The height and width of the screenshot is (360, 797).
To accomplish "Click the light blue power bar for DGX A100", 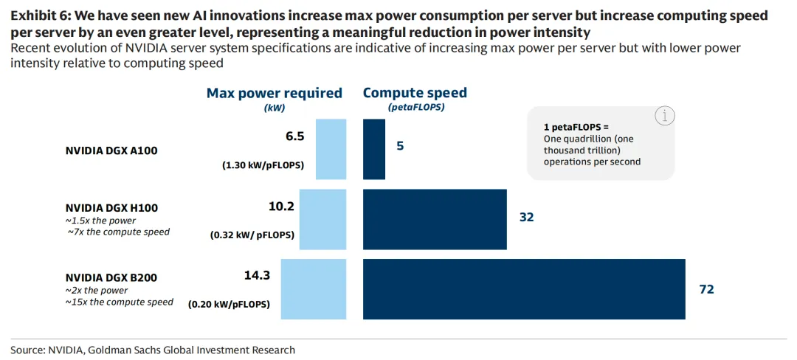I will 331,148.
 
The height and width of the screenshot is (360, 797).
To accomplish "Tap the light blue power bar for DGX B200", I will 314,289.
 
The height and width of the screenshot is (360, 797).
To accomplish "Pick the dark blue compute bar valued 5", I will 374,148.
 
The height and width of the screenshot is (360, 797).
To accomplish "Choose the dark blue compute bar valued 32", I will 435,219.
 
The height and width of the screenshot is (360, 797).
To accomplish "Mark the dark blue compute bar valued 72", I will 524,289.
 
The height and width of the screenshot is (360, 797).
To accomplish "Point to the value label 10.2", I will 281,207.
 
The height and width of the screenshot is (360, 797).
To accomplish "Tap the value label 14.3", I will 258,275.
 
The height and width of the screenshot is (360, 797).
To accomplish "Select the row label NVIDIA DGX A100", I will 111,151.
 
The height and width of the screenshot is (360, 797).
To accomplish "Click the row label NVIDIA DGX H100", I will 111,208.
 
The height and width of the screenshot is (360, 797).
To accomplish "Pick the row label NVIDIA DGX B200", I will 111,277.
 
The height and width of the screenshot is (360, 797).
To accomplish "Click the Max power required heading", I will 275,93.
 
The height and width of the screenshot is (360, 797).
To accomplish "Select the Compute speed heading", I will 415,93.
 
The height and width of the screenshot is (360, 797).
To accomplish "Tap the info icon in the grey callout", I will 664,116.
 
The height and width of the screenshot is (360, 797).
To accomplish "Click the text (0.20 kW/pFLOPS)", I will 229,304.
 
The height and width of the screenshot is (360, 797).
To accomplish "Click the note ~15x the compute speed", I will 120,302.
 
